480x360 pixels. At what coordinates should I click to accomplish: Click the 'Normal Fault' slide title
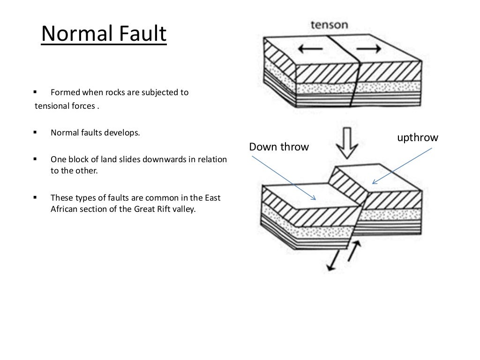104,35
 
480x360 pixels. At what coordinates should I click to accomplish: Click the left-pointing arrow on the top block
309,49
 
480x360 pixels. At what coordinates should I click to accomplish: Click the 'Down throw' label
279,147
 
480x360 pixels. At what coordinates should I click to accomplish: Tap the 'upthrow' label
417,137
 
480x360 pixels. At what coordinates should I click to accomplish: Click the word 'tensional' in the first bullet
51,106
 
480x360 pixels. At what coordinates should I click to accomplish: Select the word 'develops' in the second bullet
124,133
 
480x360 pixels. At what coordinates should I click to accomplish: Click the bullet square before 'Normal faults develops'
35,133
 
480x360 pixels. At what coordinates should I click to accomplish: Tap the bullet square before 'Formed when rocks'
35,92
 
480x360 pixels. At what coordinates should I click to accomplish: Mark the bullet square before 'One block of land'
35,159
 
